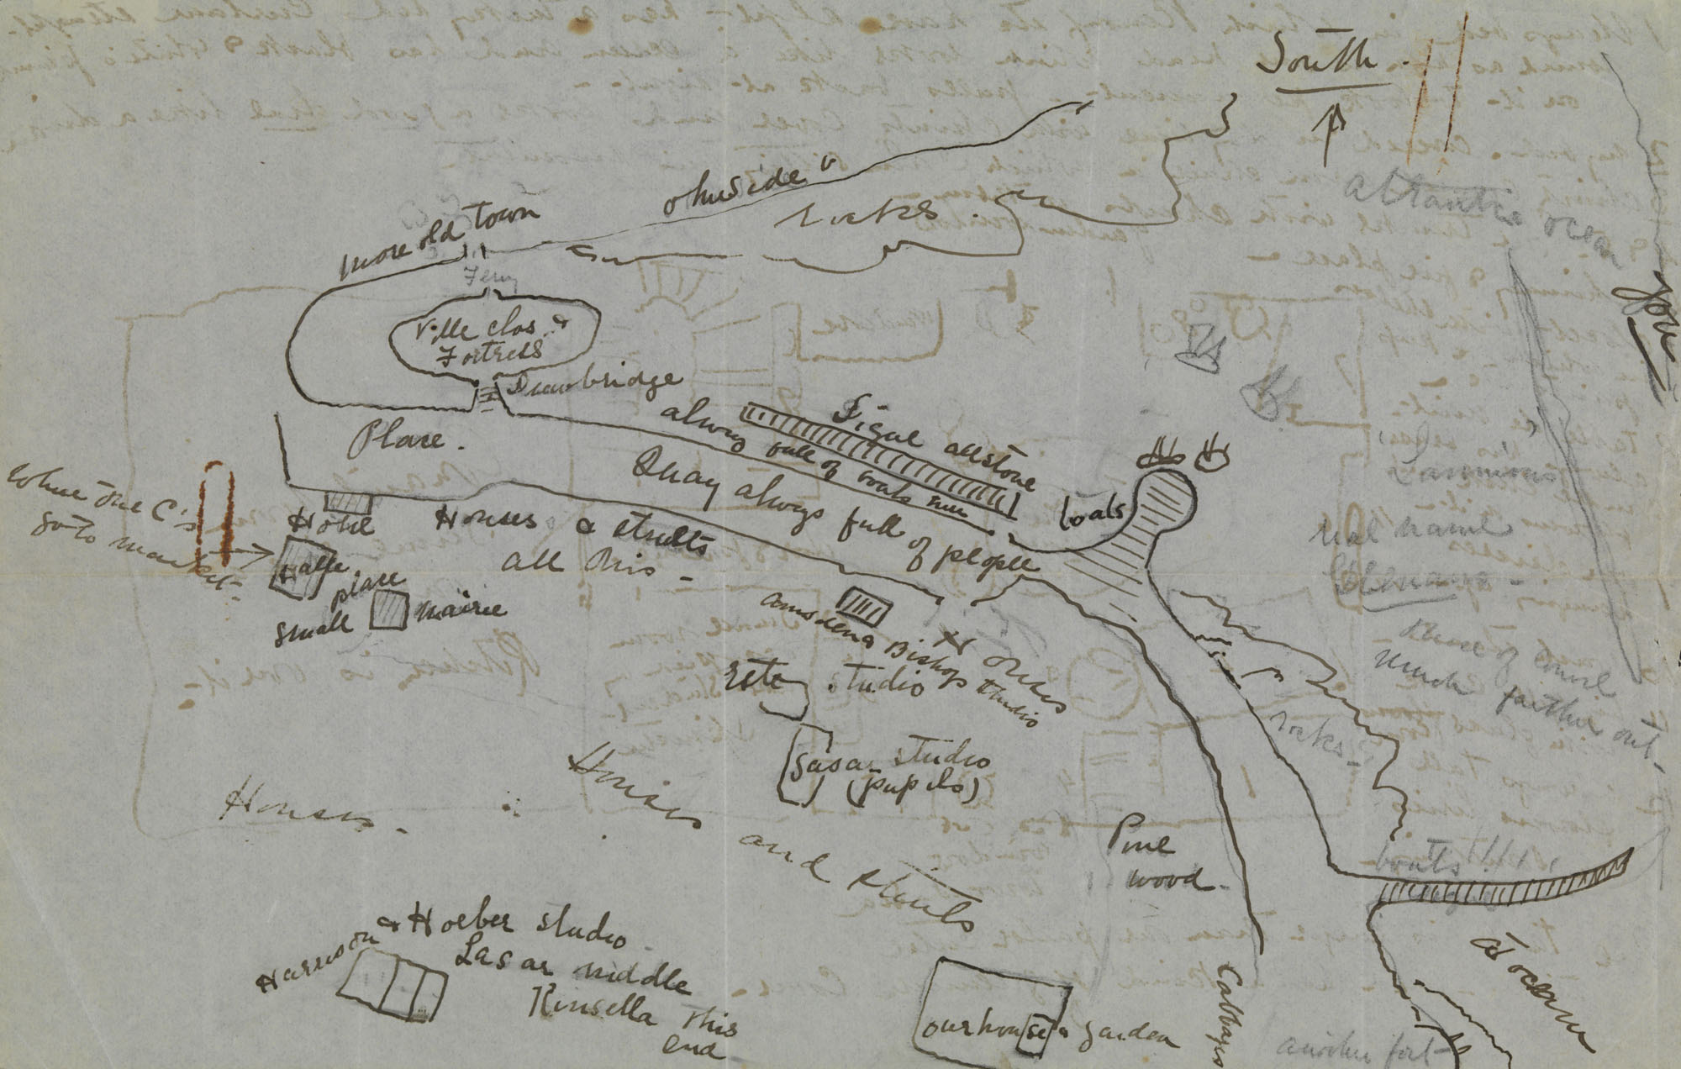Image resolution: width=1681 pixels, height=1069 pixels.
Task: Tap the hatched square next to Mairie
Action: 390,611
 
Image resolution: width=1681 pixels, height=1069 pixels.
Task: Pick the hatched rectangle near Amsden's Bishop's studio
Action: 864,605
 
